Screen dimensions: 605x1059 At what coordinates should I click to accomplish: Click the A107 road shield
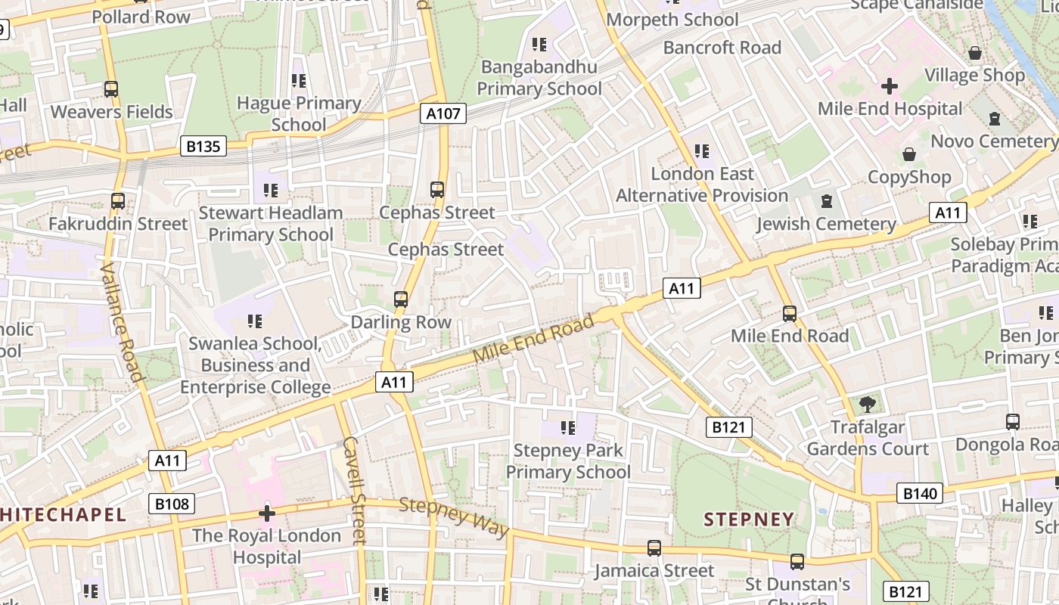pos(443,113)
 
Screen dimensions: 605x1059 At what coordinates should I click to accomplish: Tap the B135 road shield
pos(203,146)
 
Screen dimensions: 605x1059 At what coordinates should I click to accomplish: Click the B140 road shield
pos(920,494)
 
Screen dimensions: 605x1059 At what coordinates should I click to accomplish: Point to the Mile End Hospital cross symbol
pos(890,86)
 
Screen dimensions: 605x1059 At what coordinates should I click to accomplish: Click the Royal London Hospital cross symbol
pos(266,513)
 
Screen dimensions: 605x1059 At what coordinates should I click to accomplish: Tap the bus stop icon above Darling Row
pos(401,299)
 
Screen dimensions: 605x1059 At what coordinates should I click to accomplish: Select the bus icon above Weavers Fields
pos(111,89)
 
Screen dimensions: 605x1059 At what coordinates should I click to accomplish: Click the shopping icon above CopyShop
pos(909,154)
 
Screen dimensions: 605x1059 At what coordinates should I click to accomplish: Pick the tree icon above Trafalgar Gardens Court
pos(867,405)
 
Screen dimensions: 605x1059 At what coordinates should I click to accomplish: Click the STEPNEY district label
pos(749,520)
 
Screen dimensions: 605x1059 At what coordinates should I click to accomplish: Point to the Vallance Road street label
pos(121,321)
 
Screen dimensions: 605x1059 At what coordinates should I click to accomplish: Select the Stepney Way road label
pos(454,517)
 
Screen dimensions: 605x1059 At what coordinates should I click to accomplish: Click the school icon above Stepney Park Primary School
pos(568,428)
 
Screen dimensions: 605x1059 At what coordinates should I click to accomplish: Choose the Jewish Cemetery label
pos(826,224)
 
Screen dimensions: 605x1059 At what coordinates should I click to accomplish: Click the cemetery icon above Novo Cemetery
pos(994,119)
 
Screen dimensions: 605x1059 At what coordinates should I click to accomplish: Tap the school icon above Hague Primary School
pos(299,80)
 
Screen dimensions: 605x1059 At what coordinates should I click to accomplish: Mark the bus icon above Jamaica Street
pos(654,548)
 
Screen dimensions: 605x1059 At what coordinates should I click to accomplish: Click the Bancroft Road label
pos(722,48)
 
